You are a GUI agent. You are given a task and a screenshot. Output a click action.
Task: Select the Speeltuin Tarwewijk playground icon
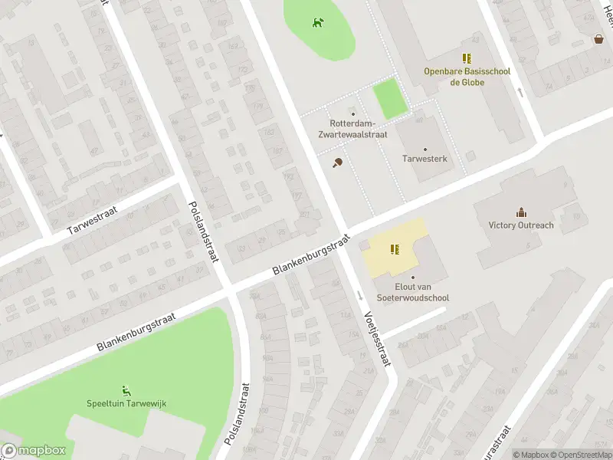[x=126, y=390]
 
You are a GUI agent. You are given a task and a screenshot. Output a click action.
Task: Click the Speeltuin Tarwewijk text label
[x=126, y=404]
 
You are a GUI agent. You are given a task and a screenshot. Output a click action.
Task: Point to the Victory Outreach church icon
[x=521, y=212]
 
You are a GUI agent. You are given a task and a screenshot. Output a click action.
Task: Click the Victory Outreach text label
[x=521, y=225]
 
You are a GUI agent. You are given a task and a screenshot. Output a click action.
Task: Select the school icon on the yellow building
[x=395, y=248]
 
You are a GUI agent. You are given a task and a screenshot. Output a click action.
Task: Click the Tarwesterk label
[x=425, y=159]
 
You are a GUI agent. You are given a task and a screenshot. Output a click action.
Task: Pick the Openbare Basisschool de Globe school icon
[x=466, y=58]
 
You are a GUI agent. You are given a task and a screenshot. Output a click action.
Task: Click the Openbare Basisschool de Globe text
[x=466, y=77]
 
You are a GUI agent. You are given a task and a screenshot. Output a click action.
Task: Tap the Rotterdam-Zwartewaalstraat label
[x=352, y=129]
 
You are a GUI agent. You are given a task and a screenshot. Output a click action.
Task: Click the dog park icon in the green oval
[x=317, y=22]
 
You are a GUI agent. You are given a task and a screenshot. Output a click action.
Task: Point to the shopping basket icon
[x=598, y=39]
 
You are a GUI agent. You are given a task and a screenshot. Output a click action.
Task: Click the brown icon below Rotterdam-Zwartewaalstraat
[x=337, y=163]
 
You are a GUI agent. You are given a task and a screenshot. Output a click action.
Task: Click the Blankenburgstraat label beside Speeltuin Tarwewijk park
[x=136, y=331]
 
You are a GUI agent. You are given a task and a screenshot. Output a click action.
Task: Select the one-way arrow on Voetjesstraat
[x=359, y=295]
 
